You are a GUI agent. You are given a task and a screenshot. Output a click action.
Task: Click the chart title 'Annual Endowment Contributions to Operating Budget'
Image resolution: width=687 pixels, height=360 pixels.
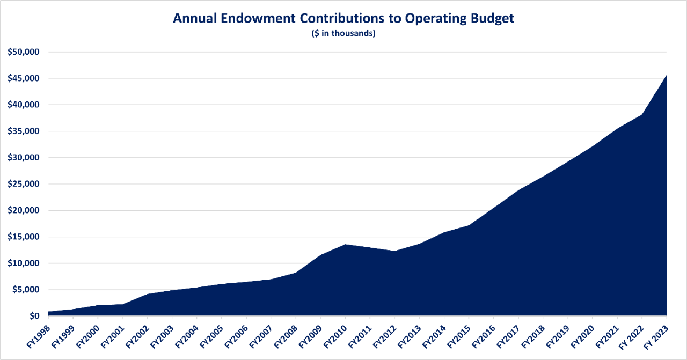[x=343, y=18]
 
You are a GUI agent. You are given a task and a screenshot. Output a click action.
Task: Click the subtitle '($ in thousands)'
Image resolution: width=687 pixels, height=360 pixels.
[x=343, y=33]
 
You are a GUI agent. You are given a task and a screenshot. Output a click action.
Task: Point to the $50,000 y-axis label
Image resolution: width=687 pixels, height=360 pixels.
[x=25, y=52]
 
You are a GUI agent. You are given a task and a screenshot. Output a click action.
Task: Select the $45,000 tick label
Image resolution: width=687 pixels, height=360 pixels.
[x=25, y=78]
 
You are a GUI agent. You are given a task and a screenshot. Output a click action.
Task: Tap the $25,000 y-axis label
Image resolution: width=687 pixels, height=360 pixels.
[x=25, y=184]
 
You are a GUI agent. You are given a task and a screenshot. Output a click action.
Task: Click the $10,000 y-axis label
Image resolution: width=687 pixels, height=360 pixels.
[x=25, y=263]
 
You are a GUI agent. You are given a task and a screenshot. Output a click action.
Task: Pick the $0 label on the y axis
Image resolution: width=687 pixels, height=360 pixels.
[x=33, y=316]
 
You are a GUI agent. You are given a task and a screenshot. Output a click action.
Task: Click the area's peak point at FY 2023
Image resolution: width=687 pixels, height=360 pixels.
[x=666, y=75]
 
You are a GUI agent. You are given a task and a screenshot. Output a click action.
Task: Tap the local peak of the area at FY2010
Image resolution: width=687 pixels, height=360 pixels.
[x=345, y=245]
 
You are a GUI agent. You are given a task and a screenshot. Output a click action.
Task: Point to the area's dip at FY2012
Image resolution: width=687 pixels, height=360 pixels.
[x=394, y=251]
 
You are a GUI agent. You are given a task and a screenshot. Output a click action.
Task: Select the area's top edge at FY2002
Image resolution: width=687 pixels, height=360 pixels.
[x=147, y=294]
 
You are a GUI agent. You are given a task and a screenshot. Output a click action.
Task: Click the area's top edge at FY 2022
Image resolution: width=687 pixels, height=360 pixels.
[x=642, y=114]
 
